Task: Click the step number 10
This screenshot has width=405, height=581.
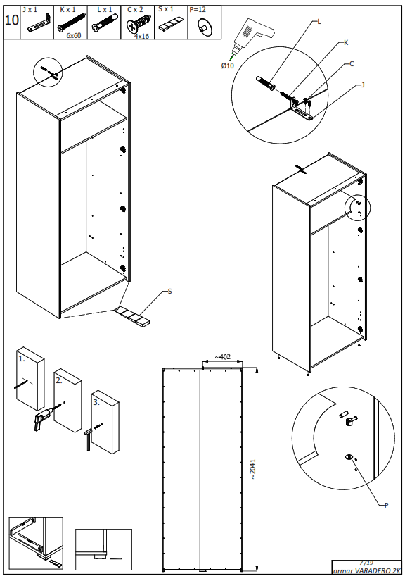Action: click(11, 19)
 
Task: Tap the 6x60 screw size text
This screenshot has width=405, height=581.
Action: click(74, 35)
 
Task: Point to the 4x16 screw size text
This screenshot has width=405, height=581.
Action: click(141, 35)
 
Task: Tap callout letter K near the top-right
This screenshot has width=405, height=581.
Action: click(346, 43)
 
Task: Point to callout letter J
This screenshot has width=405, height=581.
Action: click(362, 85)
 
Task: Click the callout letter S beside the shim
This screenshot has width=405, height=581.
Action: click(169, 291)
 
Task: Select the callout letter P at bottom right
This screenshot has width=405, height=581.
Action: click(386, 505)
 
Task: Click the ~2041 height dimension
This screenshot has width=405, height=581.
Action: click(252, 468)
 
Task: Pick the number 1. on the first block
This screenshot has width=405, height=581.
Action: click(22, 358)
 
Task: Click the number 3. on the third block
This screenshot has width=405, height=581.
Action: click(96, 402)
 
